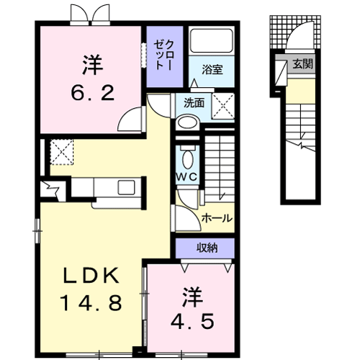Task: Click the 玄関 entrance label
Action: point(303,64)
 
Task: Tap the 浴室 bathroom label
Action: point(212,70)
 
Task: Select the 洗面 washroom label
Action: point(194,103)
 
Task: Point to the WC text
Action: point(187,177)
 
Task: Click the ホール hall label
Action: point(217,218)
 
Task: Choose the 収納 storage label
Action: point(207,248)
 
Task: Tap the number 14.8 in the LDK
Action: point(91,303)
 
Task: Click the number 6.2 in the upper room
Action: point(92,92)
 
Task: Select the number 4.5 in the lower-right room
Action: point(192,321)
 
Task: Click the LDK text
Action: point(91,276)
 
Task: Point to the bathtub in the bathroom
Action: point(212,41)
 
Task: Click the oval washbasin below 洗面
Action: point(188,123)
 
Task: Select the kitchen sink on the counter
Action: point(126,187)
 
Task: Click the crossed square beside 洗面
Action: point(223,106)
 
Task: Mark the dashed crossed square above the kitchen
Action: point(62,152)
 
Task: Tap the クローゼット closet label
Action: point(163,55)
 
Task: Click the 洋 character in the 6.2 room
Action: point(92,65)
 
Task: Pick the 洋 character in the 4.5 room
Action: point(192,297)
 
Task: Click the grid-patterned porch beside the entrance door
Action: point(278,32)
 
